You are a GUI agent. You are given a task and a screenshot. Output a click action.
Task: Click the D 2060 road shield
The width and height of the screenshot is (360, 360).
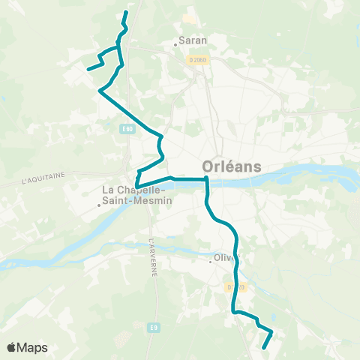197,60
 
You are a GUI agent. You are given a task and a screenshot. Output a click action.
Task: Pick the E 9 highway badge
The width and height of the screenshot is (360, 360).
153,327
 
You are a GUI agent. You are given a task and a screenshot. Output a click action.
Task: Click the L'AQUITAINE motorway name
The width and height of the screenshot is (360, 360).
43,178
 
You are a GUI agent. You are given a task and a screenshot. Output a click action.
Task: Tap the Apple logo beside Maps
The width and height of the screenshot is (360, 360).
12,347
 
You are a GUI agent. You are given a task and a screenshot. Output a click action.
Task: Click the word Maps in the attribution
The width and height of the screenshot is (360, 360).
33,347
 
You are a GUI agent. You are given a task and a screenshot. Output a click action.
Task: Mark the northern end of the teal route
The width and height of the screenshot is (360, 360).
126,12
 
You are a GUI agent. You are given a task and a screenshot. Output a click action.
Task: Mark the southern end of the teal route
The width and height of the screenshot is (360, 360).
264,347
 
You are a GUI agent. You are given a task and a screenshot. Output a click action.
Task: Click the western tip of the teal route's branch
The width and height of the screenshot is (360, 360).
88,69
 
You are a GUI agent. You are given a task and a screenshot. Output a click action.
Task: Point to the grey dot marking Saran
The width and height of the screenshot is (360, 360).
175,43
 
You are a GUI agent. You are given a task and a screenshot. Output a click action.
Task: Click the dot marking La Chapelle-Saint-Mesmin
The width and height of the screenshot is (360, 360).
100,203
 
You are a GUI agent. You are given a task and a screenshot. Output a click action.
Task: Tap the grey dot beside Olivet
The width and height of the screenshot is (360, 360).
211,262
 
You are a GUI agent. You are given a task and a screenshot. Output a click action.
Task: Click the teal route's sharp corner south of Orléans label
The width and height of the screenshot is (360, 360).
206,178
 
